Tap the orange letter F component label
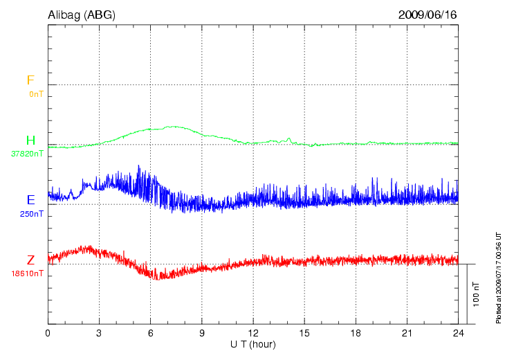[30, 81]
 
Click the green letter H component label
[30, 141]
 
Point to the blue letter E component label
[30, 200]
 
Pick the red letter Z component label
[30, 260]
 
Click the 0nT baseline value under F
[36, 94]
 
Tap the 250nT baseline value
[32, 214]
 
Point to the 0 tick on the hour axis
[48, 333]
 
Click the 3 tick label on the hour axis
[99, 333]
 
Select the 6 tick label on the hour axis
[151, 333]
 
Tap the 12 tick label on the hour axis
[253, 333]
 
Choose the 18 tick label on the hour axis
[356, 333]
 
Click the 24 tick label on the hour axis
[458, 333]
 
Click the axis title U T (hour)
[253, 344]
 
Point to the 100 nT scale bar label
[476, 294]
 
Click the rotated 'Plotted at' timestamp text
[498, 276]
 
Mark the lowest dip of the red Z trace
[160, 278]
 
